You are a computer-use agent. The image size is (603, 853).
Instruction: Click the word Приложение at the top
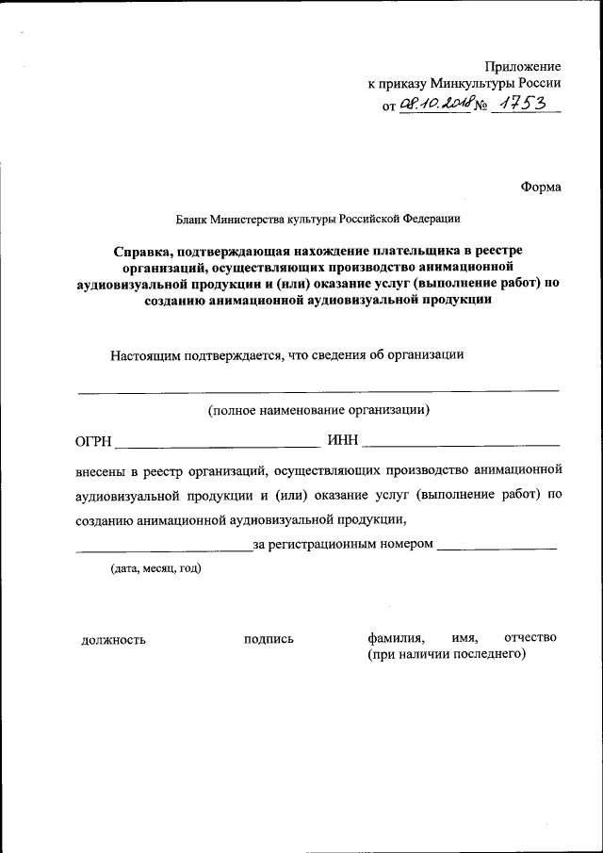[523, 67]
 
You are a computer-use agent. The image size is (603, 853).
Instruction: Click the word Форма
[540, 187]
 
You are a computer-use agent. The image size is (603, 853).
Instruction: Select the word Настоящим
[152, 355]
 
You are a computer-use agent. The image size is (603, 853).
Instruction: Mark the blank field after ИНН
[462, 443]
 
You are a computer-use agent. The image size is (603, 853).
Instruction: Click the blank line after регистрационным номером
[497, 547]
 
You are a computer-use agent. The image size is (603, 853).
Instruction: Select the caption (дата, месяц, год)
[155, 568]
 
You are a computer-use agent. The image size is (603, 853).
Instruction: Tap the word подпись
[269, 639]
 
